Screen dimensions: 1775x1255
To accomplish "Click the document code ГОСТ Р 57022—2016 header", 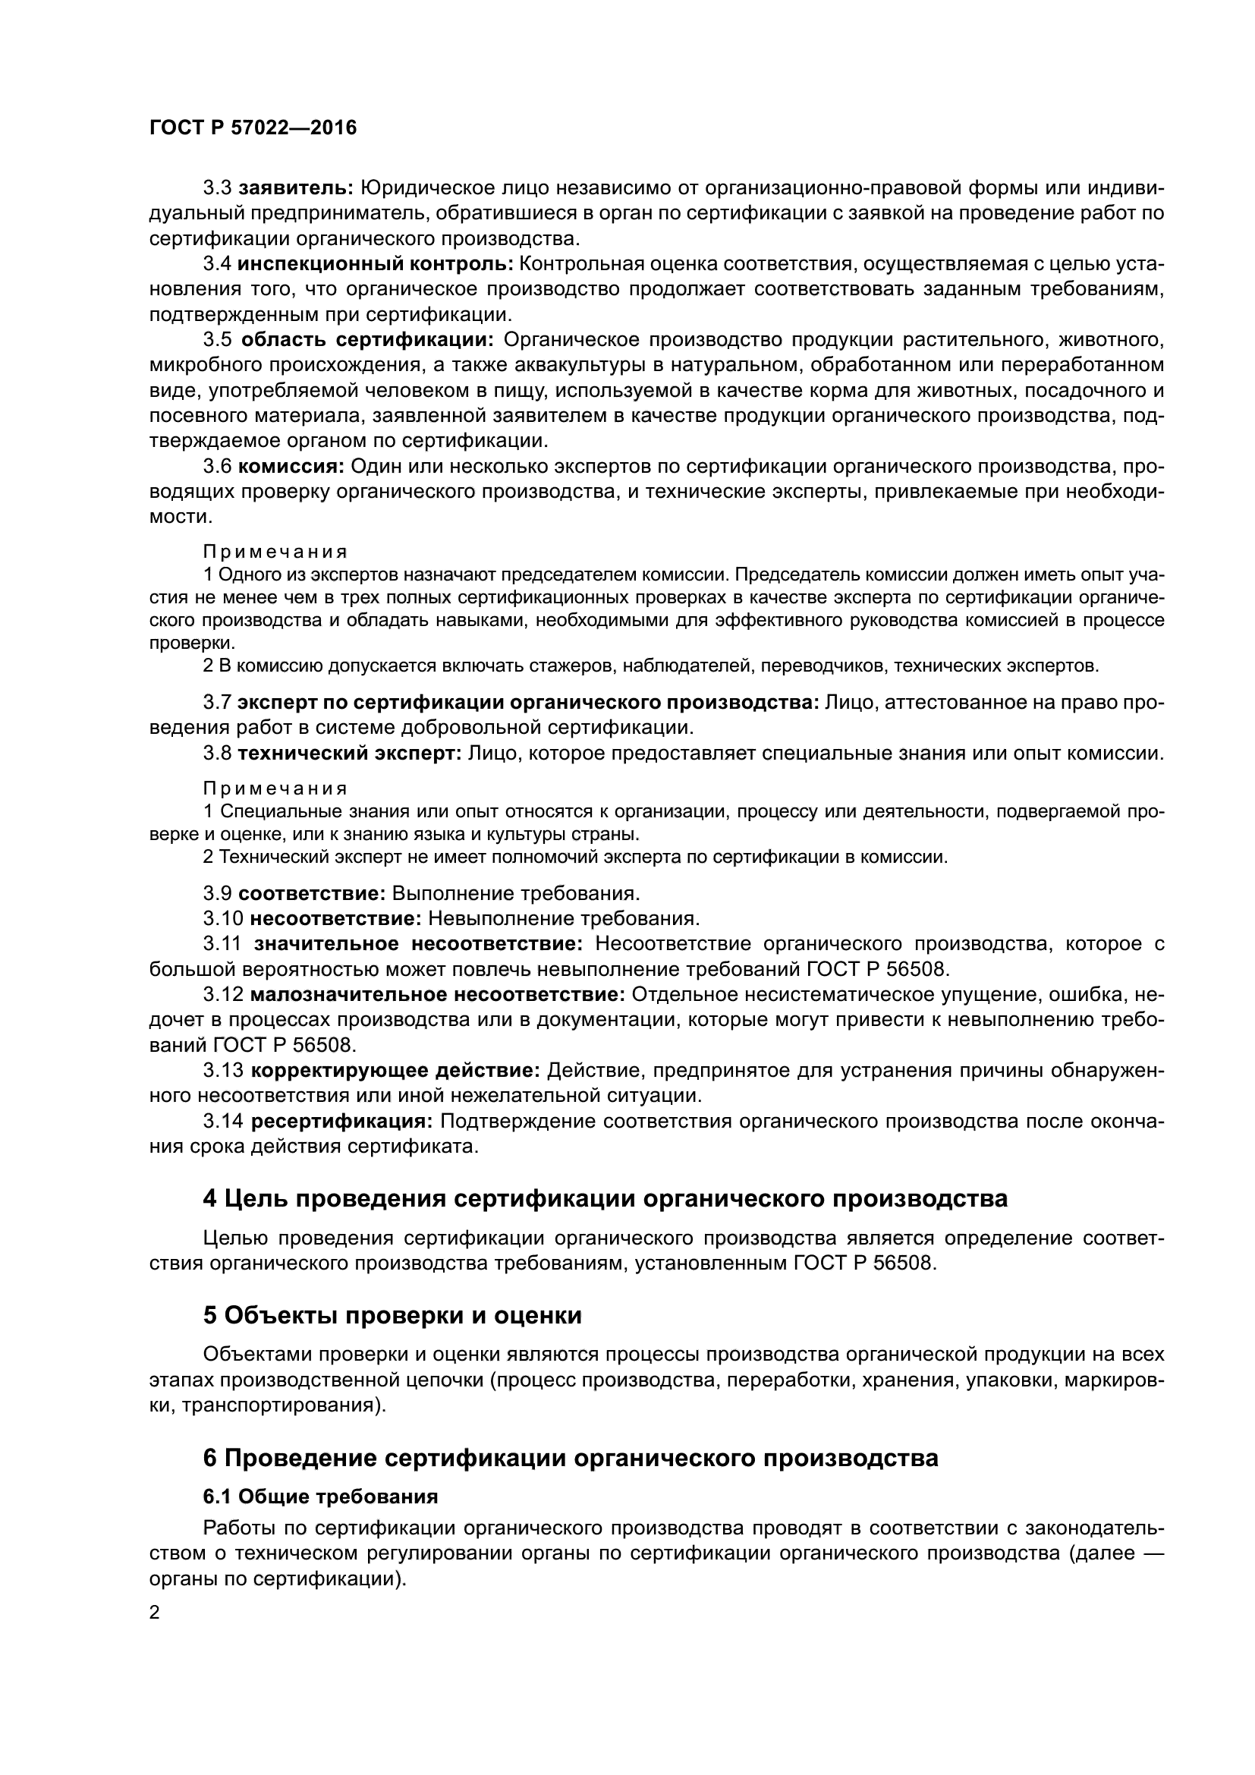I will (x=253, y=127).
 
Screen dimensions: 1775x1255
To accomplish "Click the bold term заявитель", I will (x=296, y=188).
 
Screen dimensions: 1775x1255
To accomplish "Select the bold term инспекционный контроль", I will (x=375, y=263).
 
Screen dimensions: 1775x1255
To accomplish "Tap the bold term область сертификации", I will (x=367, y=339).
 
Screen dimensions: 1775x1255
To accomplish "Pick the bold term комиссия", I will (x=291, y=465).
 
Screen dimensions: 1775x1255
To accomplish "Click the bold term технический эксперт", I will (x=349, y=752).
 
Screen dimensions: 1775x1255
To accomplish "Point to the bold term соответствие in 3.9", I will (x=311, y=893).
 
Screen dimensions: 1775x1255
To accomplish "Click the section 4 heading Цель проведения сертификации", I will (x=605, y=1199).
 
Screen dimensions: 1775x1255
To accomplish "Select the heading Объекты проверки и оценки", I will (x=392, y=1315).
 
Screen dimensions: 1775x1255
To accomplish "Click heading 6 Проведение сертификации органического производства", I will (x=571, y=1457).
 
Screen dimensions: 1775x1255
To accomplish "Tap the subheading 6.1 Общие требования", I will (x=320, y=1497).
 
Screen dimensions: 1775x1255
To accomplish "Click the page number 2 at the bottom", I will (x=155, y=1613).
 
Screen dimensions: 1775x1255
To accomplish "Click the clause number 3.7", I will (x=217, y=702).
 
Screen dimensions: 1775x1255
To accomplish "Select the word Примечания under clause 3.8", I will (x=275, y=788).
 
